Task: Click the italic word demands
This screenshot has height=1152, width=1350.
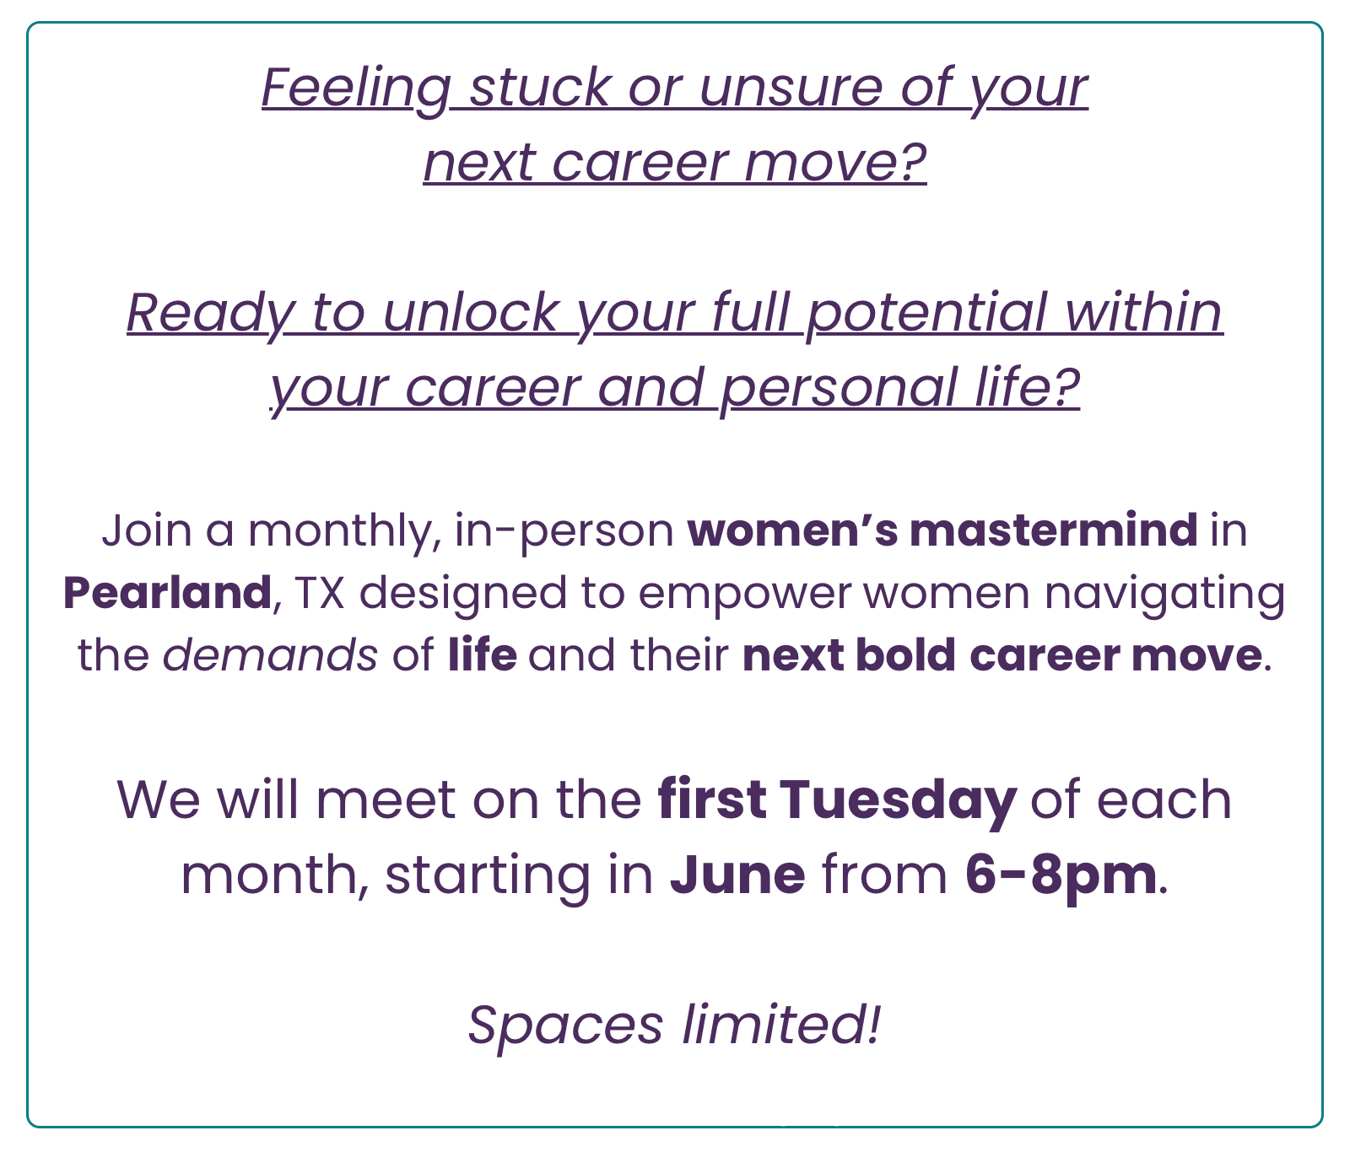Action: click(270, 655)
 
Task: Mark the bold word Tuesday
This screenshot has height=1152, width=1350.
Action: click(898, 800)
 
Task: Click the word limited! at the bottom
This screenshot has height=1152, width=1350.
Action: click(781, 1024)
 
